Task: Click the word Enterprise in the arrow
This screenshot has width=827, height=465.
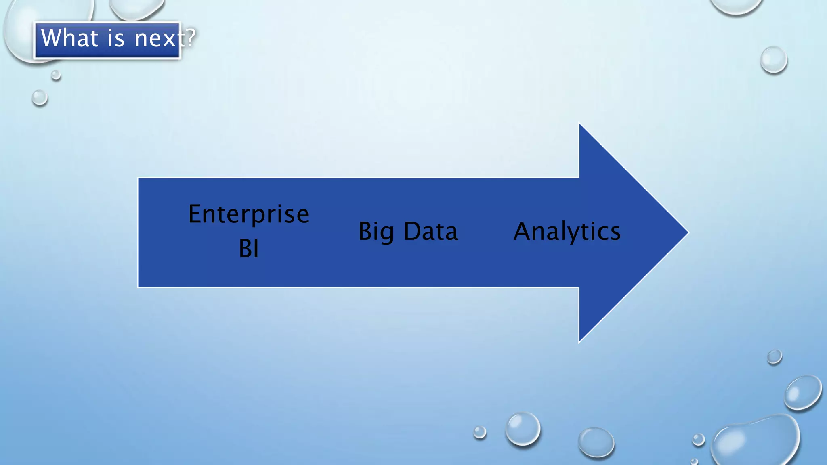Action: tap(248, 214)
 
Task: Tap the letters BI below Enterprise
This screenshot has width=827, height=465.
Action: tap(248, 248)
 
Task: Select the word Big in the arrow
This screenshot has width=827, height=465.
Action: tap(376, 232)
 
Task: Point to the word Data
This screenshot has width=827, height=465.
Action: tap(430, 231)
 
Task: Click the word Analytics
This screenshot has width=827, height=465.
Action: tap(567, 232)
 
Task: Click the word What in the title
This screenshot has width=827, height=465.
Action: tap(69, 38)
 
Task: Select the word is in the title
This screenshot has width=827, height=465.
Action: tap(116, 38)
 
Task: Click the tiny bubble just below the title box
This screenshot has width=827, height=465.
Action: tap(56, 75)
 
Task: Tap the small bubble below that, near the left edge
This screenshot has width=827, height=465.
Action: tap(40, 98)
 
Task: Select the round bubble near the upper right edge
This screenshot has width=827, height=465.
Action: tap(773, 60)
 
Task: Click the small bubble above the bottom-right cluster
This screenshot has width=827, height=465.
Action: tap(774, 357)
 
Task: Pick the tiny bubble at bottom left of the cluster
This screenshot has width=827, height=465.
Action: tap(480, 432)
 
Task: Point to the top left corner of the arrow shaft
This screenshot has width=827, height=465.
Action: tap(139, 178)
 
